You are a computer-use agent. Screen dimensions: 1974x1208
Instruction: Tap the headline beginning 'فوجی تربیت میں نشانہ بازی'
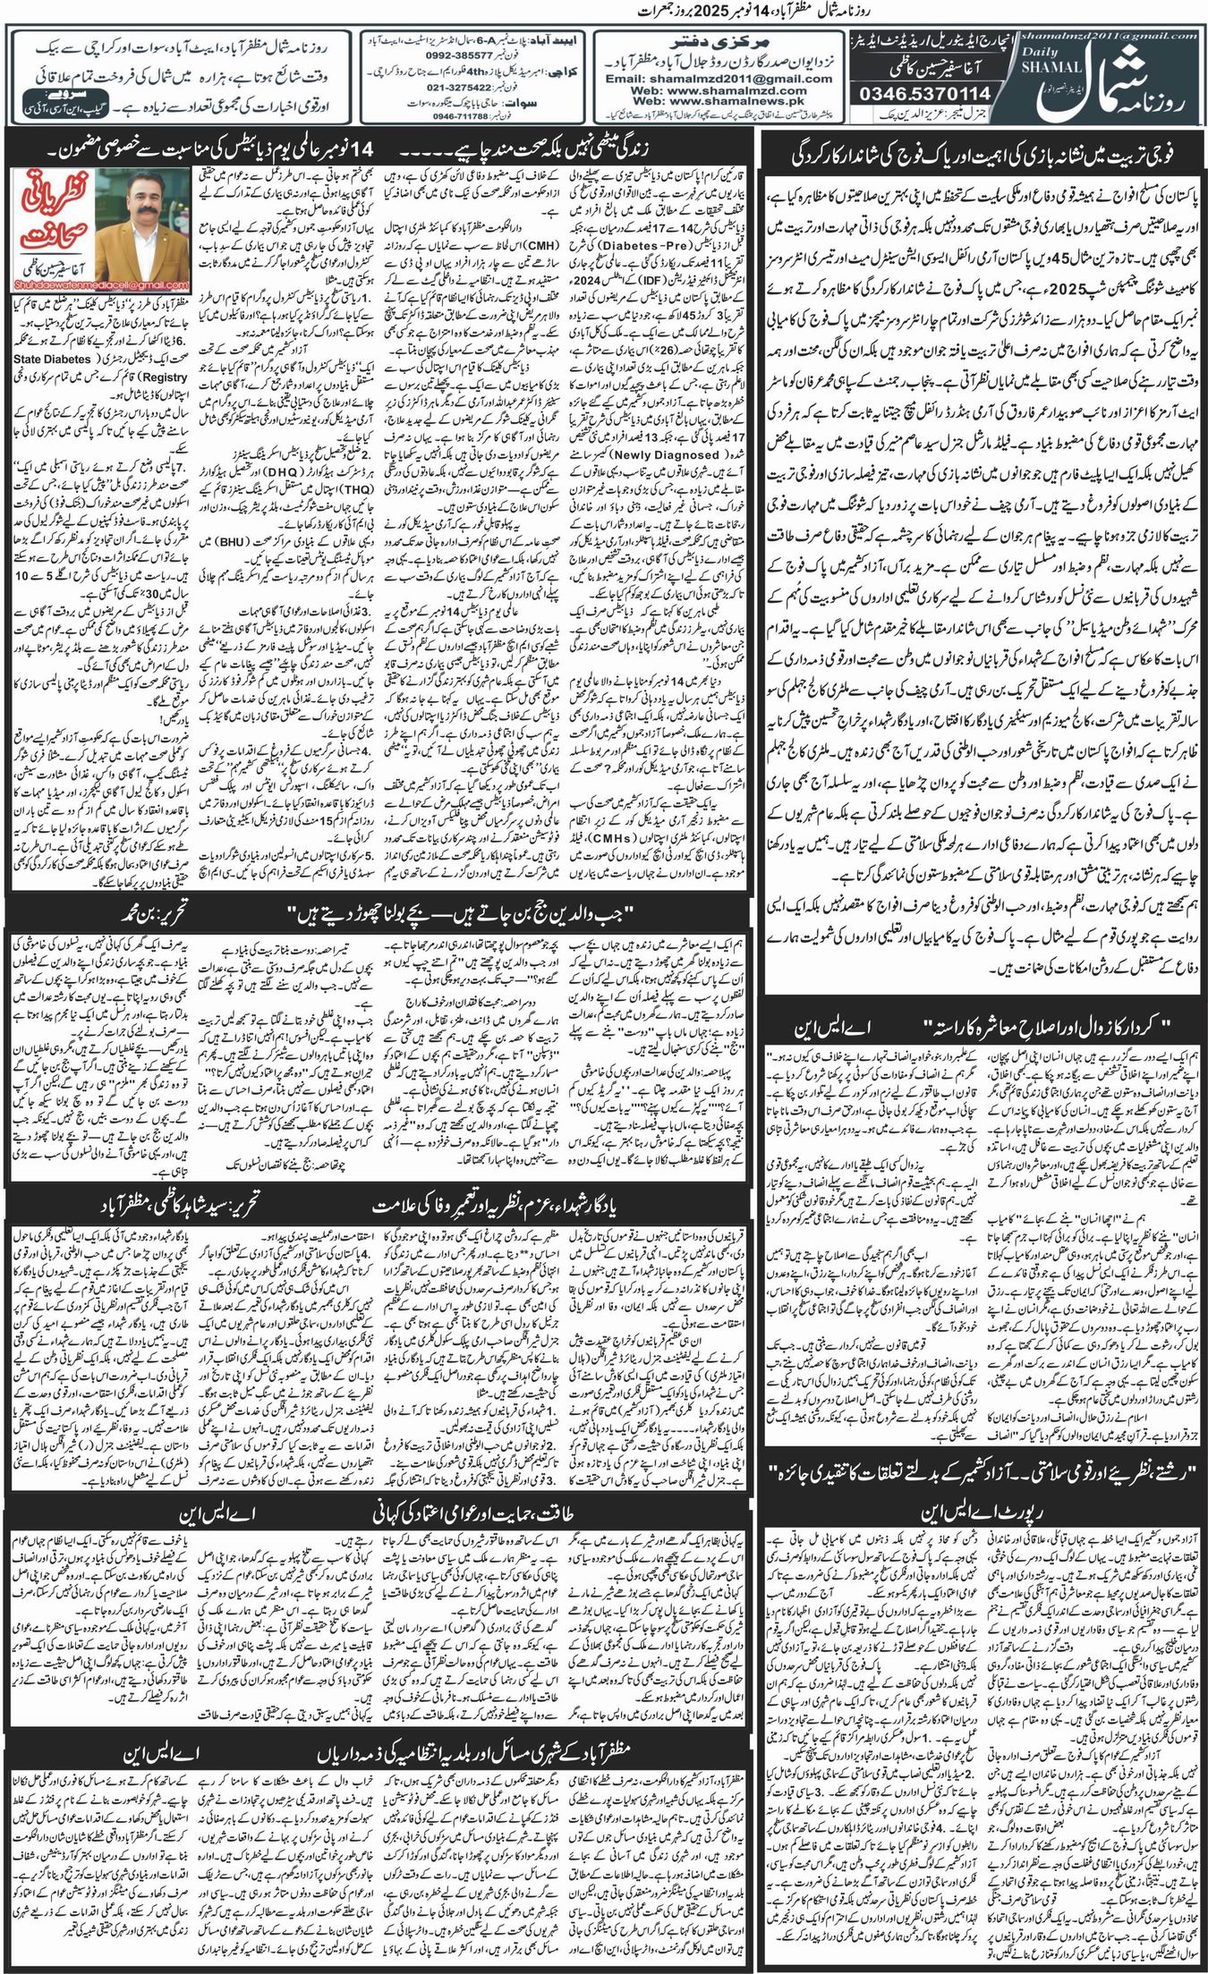point(979,154)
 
